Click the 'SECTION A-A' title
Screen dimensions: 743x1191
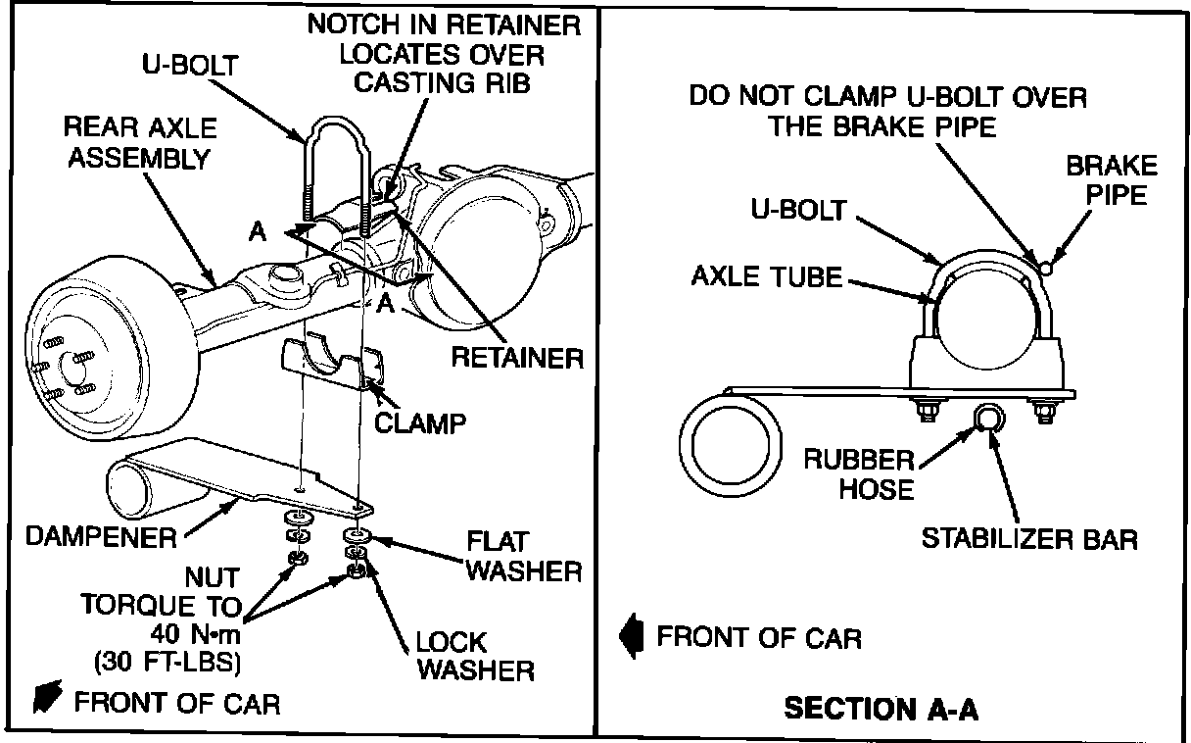pyautogui.click(x=881, y=709)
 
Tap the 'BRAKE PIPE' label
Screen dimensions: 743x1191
pyautogui.click(x=1111, y=179)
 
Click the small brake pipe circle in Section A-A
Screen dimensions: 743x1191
pyautogui.click(x=1047, y=266)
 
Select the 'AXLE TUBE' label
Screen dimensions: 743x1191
pyautogui.click(x=766, y=276)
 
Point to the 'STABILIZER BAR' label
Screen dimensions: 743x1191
pyautogui.click(x=1029, y=538)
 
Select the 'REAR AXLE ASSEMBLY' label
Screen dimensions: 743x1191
pyautogui.click(x=140, y=143)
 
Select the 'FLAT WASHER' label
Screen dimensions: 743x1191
pyautogui.click(x=524, y=555)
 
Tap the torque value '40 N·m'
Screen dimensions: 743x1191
pyautogui.click(x=192, y=630)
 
